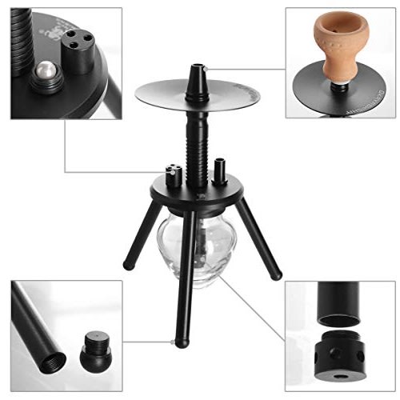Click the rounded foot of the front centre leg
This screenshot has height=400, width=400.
pos(182,342)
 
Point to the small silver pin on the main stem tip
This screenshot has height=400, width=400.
pos(205,71)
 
